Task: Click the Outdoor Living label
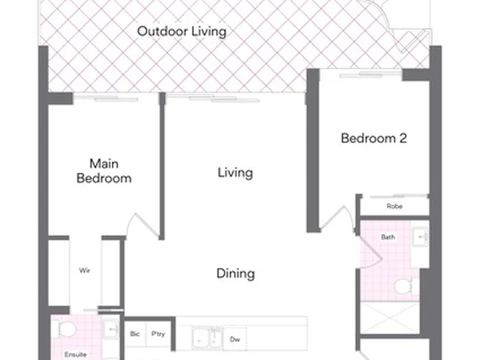[x=182, y=31]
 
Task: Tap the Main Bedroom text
[x=104, y=171]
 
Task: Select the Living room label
[x=235, y=173]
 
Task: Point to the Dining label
[x=235, y=273]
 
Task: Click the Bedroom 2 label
[x=374, y=138]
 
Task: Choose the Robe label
[x=394, y=206]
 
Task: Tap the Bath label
[x=388, y=237]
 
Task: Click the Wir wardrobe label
[x=85, y=270]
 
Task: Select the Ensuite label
[x=75, y=355]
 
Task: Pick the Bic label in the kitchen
[x=135, y=334]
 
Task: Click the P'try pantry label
[x=158, y=334]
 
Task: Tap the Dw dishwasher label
[x=235, y=339]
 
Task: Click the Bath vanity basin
[x=420, y=237]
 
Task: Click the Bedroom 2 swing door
[x=337, y=219]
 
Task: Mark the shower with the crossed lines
[x=390, y=318]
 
